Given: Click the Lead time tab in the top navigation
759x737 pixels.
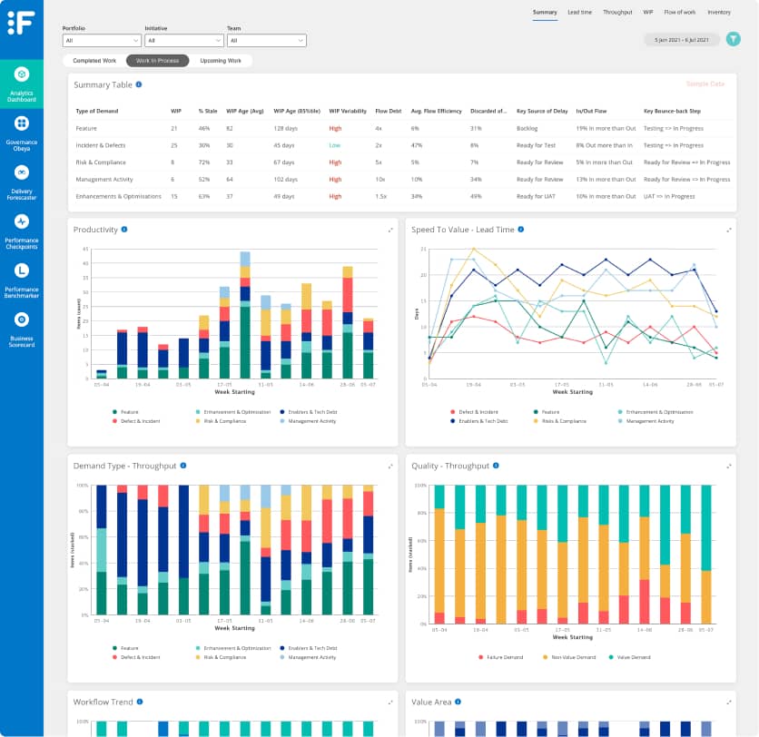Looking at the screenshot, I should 579,13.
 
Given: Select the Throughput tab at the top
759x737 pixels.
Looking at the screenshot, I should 617,13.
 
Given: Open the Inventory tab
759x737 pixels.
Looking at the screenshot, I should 719,13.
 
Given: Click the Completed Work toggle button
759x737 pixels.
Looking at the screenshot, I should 94,61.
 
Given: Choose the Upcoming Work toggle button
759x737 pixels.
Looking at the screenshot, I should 221,61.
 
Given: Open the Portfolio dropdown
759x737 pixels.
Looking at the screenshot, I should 101,41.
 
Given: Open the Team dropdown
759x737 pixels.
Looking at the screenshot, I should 267,41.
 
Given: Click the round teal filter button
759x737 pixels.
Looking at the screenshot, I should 734,39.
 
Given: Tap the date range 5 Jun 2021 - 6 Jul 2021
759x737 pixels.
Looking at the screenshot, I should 681,40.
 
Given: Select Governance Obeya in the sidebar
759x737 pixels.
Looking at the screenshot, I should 22,130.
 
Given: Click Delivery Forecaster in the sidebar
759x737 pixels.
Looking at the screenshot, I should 22,179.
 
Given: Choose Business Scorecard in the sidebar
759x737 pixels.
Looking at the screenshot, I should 22,326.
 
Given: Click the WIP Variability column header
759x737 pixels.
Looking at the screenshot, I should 348,111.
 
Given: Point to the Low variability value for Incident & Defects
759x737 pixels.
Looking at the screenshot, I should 335,145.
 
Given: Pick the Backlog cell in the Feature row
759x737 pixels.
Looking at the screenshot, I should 527,128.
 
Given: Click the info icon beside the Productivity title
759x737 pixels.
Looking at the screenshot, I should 124,230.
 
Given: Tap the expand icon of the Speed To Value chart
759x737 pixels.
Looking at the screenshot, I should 728,230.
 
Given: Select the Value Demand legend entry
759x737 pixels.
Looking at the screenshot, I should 630,655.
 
